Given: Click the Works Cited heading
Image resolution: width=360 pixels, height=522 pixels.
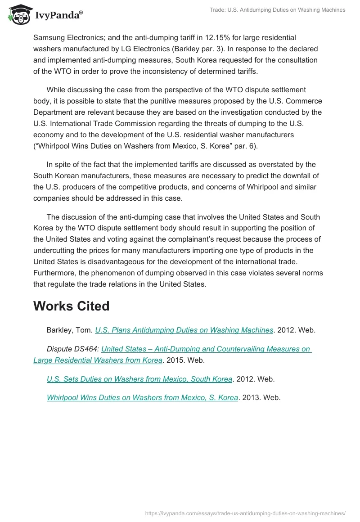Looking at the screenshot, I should (71, 306).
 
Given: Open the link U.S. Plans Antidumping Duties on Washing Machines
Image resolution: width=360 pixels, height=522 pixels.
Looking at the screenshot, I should (184, 330).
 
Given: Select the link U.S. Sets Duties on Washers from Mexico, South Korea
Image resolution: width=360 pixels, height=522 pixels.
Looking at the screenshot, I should (139, 379).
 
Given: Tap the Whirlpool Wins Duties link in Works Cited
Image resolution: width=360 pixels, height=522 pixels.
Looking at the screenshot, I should (142, 397).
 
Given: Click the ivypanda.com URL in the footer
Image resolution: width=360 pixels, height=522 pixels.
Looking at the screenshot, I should (246, 513).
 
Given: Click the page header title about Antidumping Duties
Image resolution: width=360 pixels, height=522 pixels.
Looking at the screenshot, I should (277, 10).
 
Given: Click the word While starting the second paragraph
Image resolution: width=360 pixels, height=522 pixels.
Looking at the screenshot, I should (56, 90).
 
